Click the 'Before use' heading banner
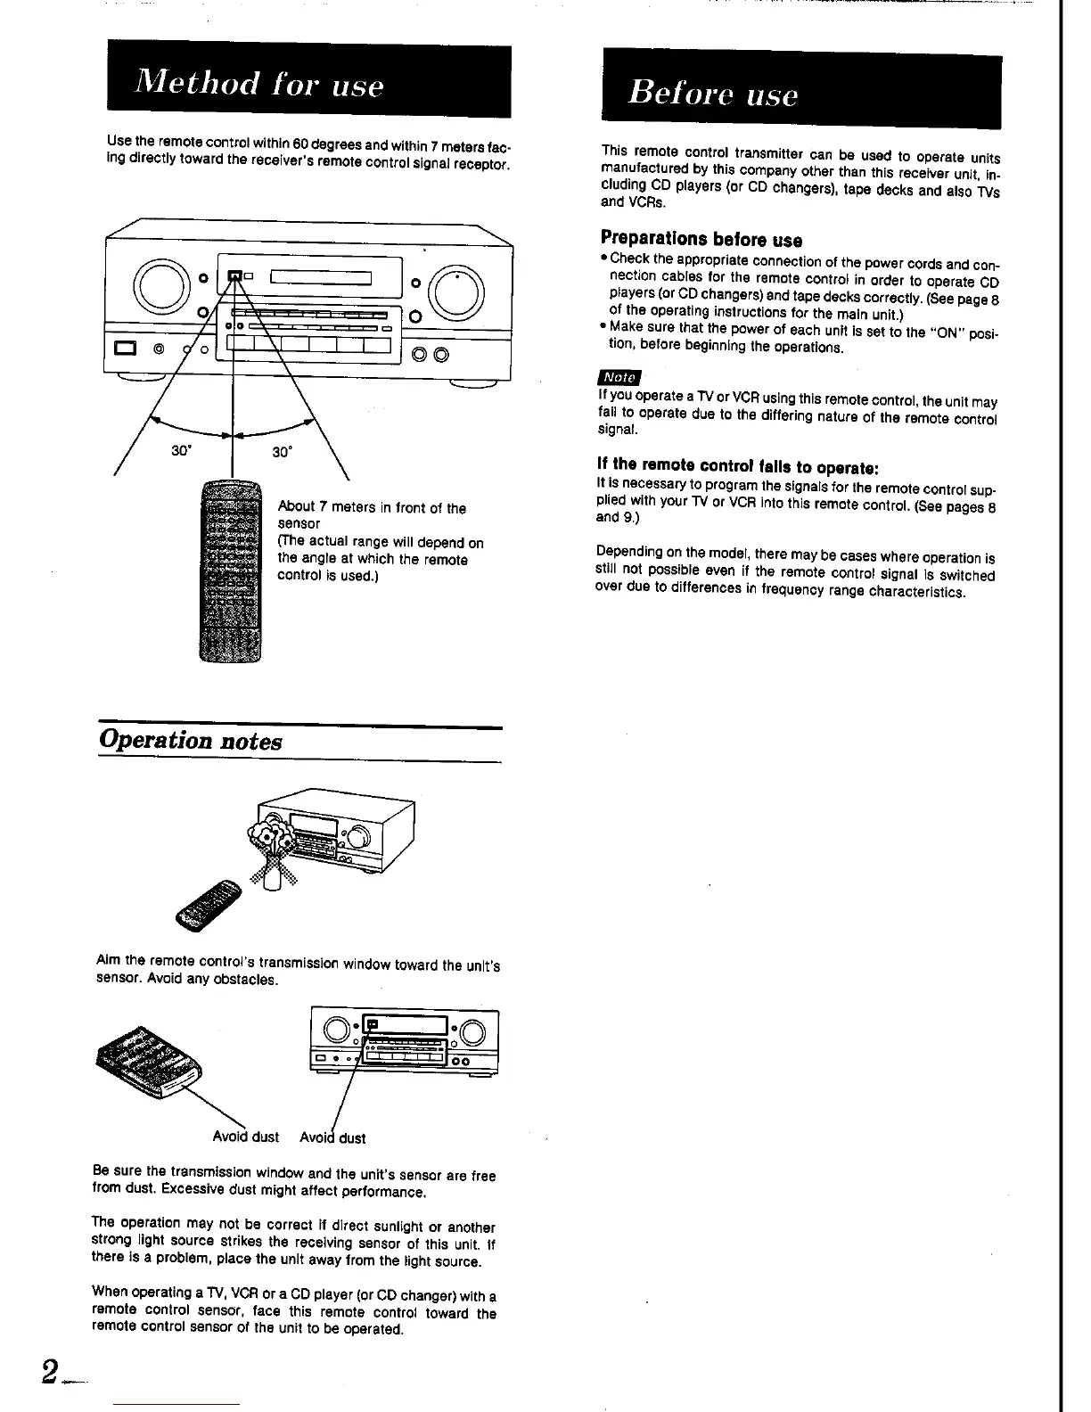pos(800,93)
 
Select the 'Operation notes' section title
pos(191,741)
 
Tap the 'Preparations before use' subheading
pos(701,239)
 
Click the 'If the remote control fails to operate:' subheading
pos(738,465)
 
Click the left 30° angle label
pos(182,451)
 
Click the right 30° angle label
pos(282,452)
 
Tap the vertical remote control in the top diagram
pos(232,571)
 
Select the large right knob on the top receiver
pos(456,291)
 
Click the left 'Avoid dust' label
pos(245,1137)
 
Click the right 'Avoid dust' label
pos(332,1137)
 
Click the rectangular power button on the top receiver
pos(124,348)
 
